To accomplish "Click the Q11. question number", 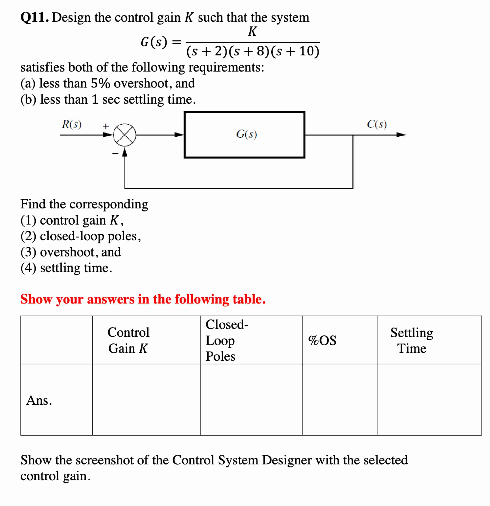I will [x=35, y=18].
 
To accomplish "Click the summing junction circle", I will [x=124, y=135].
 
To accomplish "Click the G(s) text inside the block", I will [x=246, y=134].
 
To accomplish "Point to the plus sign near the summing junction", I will [x=106, y=126].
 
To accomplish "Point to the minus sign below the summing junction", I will [x=115, y=154].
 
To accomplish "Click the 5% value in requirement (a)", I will [x=100, y=83].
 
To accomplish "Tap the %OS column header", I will [x=322, y=340].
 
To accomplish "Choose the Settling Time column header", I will [x=412, y=340].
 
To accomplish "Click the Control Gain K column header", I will [x=128, y=340].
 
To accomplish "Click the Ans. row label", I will [x=39, y=400].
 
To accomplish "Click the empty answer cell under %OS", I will [x=340, y=400].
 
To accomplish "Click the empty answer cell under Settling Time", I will [x=429, y=400].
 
